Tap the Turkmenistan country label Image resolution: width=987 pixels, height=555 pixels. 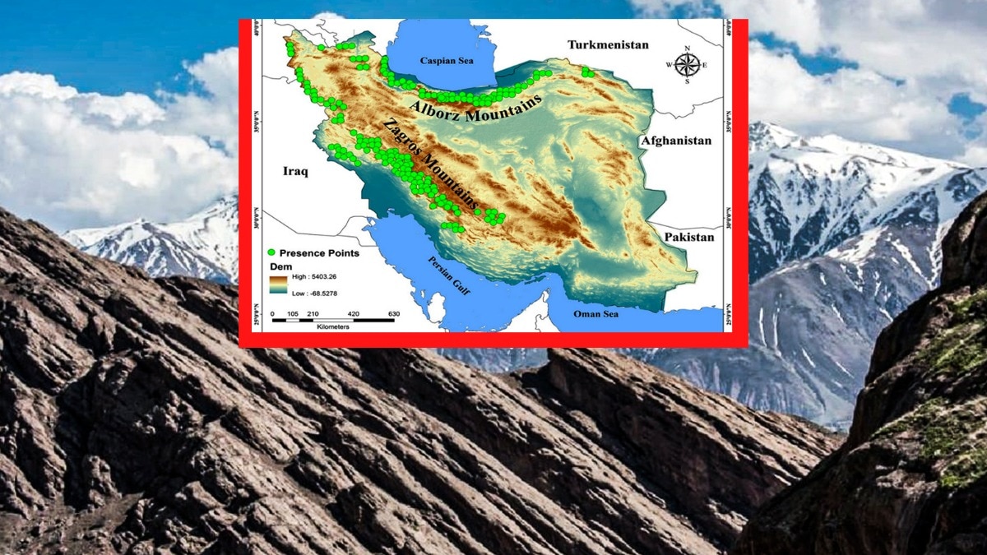coord(608,44)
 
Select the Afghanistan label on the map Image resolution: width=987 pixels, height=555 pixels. coord(676,141)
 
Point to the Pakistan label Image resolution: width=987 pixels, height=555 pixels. coord(689,237)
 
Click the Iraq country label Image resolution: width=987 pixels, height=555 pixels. coord(294,172)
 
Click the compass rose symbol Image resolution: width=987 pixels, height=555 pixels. coord(688,64)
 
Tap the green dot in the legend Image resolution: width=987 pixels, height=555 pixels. coord(272,253)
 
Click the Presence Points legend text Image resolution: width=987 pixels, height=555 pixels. coord(319,253)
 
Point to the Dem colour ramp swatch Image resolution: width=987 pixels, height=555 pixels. coord(277,284)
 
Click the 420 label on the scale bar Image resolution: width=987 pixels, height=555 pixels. coord(354,313)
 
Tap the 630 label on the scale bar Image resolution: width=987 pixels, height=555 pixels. coord(393,313)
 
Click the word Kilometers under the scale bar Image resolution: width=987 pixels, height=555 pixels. coord(332,326)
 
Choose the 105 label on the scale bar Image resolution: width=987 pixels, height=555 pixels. coord(292,313)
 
